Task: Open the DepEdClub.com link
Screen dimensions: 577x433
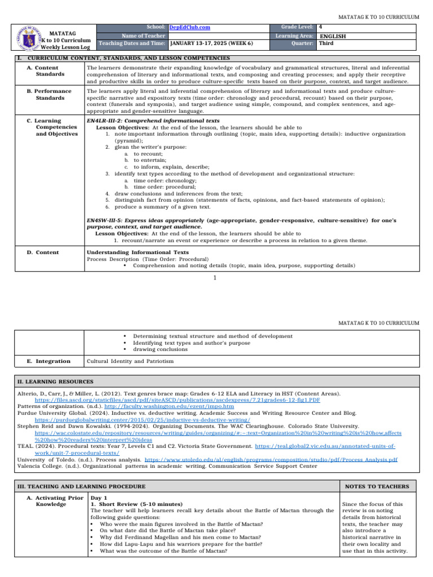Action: tap(187, 27)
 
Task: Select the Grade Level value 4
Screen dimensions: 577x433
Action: tap(321, 27)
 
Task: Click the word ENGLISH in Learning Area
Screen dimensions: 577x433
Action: tap(333, 35)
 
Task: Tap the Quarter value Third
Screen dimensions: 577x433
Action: tap(326, 43)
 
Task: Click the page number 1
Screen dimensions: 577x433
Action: tap(215, 278)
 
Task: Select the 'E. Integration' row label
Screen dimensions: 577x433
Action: tap(49, 361)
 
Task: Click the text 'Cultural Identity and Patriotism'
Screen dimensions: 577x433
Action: tap(130, 361)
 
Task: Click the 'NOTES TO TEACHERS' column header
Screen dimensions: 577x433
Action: tap(381, 486)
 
